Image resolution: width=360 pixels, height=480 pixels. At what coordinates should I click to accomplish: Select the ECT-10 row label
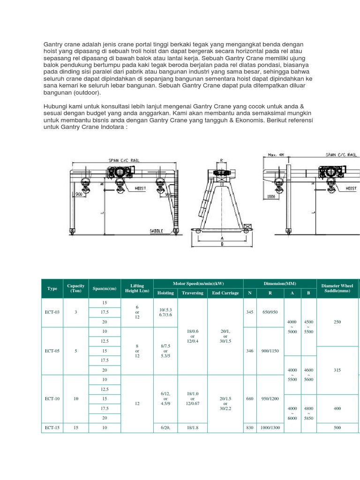52,398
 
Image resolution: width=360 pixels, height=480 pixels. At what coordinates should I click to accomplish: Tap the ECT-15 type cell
52,427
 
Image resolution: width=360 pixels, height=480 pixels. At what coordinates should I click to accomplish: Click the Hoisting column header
165,293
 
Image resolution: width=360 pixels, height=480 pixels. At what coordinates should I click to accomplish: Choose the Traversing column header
193,293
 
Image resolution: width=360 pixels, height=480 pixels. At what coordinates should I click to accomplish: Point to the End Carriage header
225,293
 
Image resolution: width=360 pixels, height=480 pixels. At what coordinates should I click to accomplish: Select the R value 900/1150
270,350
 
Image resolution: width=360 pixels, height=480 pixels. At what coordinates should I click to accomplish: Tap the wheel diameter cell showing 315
337,370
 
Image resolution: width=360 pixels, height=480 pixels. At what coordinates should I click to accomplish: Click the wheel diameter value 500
337,427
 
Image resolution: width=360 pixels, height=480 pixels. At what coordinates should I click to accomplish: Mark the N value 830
249,427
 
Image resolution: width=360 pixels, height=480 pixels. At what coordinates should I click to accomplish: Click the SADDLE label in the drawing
156,231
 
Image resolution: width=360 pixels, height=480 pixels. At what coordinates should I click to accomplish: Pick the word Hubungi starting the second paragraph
55,106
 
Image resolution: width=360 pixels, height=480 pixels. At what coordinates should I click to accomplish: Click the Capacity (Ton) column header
76,288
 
